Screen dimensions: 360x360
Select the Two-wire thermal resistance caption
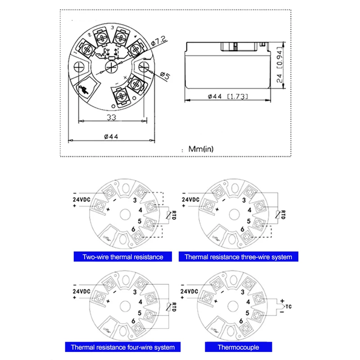pos(123,257)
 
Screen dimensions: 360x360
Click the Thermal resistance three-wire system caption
pos(238,257)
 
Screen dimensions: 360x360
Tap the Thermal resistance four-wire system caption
pos(123,347)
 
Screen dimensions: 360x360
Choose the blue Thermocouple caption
pos(238,347)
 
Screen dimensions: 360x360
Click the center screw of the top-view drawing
pos(111,67)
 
